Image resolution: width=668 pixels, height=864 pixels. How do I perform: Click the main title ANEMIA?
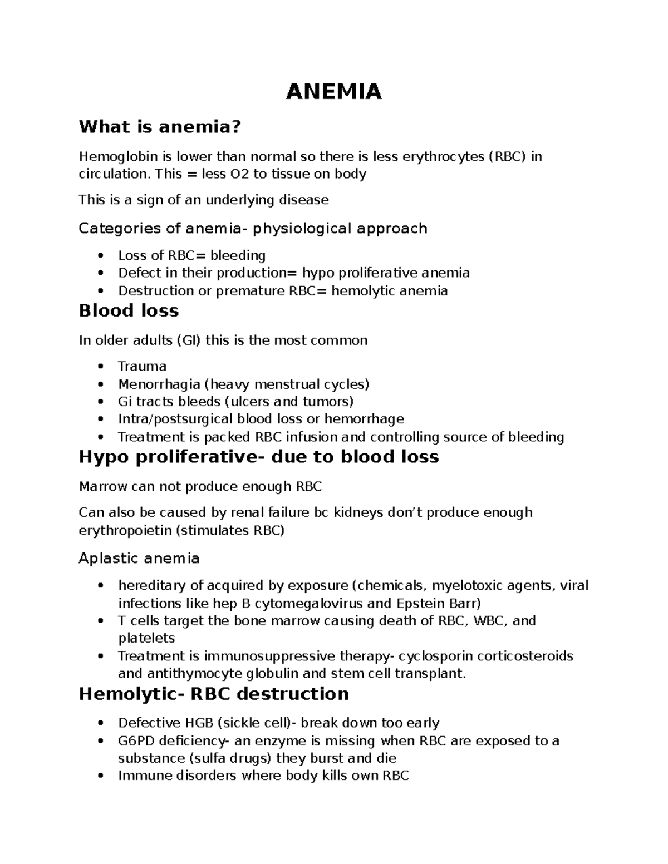coord(333,92)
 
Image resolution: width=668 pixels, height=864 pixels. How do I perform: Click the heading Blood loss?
coord(129,310)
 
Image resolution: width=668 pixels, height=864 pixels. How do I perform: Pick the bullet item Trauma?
coord(142,367)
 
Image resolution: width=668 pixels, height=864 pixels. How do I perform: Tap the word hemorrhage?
coord(364,419)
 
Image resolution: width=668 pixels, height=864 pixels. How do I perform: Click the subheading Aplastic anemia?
coord(139,558)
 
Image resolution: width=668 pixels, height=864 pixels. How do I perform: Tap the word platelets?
coord(146,638)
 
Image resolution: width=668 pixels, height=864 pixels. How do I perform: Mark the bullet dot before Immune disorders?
coord(101,776)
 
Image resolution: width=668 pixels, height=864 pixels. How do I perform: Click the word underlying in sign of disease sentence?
coord(242,200)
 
